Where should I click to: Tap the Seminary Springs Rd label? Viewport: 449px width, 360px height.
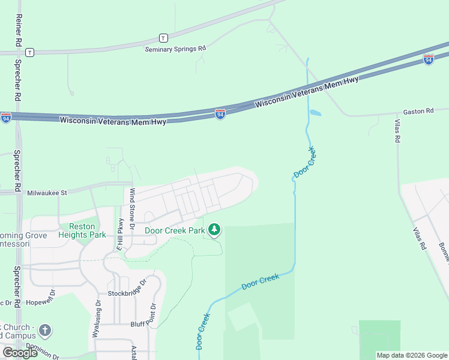point(175,49)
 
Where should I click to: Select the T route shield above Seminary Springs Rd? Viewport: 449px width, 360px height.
point(163,38)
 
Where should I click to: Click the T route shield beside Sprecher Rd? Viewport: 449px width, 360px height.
point(29,53)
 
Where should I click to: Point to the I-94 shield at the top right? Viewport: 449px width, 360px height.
point(428,59)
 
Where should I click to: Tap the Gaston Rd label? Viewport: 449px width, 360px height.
point(418,111)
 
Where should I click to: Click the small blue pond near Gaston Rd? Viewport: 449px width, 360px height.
point(315,112)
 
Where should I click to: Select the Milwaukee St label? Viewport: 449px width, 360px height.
point(47,193)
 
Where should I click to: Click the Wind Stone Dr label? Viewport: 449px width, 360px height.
point(133,205)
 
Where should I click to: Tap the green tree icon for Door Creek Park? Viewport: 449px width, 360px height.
point(214,229)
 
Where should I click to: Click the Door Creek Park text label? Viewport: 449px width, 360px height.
point(175,230)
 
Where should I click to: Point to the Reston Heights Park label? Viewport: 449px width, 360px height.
point(82,230)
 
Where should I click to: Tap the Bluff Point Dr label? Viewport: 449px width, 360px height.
point(144,323)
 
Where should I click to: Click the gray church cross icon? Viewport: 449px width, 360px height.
point(45,331)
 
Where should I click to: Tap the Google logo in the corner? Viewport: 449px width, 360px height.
point(20,353)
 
